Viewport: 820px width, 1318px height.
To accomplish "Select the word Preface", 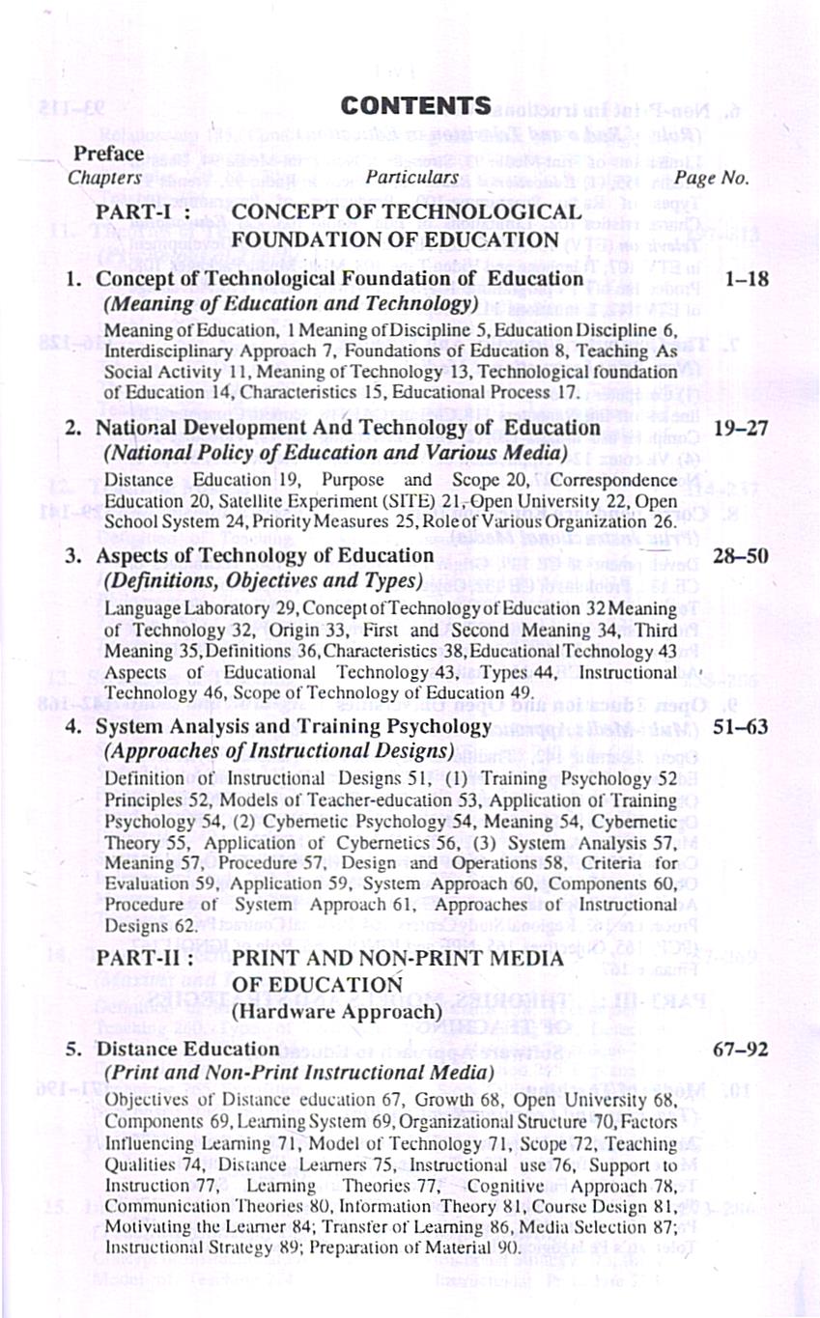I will pos(109,154).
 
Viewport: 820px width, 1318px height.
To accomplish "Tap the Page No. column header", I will pos(712,178).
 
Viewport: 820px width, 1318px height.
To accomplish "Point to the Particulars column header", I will pos(411,178).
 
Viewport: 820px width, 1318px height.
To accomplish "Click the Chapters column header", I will pos(104,178).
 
